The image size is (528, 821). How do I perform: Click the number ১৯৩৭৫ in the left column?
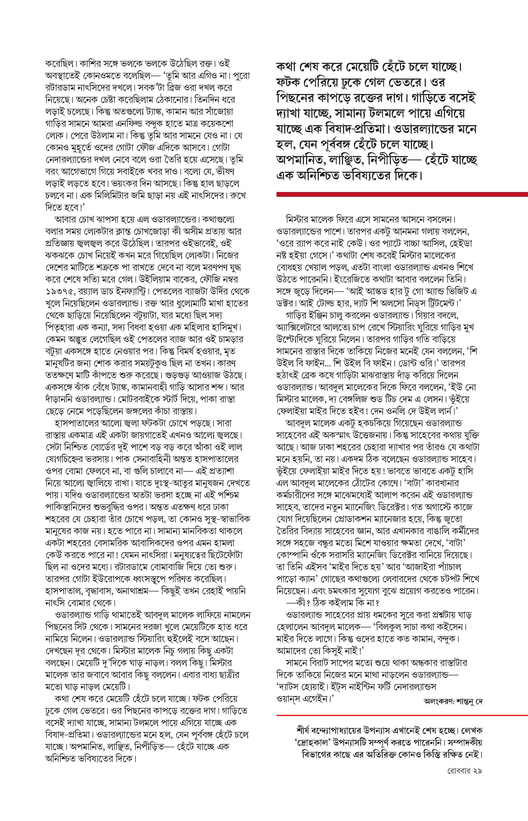56,291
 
